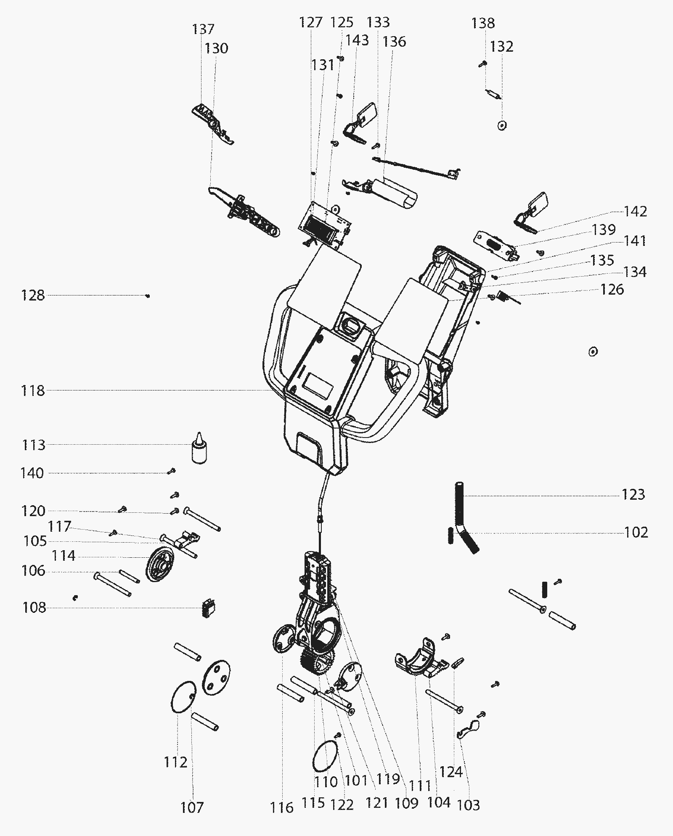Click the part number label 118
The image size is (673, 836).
(33, 391)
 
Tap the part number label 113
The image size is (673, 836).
(33, 445)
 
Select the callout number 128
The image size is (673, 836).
(33, 295)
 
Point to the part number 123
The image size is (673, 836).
(633, 494)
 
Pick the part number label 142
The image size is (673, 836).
(635, 211)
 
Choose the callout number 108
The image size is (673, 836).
(34, 607)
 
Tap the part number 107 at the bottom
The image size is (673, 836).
(192, 807)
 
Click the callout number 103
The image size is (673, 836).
(468, 805)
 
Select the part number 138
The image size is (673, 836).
(483, 23)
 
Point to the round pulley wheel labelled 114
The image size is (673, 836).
(161, 564)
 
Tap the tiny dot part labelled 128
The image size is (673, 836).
(148, 296)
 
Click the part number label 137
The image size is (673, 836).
(204, 29)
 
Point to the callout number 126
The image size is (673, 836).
(612, 289)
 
